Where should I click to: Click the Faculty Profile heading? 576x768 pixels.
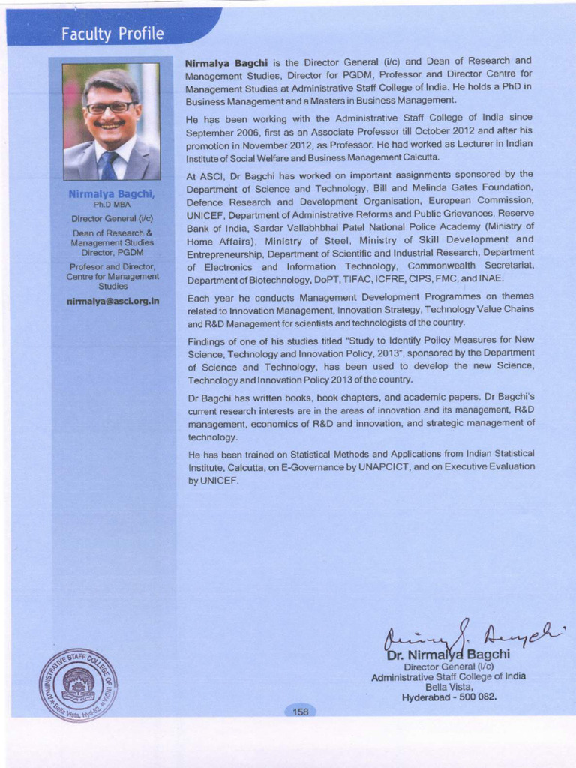[113, 34]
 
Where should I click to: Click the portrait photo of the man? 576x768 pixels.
[111, 121]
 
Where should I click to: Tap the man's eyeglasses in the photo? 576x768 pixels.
[110, 107]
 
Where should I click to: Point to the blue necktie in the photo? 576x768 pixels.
[109, 166]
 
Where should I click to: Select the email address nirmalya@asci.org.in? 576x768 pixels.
[112, 301]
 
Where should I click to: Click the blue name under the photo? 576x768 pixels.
[112, 193]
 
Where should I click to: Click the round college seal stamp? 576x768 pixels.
[78, 685]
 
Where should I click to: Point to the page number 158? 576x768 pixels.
[301, 712]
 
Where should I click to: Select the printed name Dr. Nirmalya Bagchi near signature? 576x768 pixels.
[448, 655]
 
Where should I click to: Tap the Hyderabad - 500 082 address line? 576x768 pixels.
[449, 697]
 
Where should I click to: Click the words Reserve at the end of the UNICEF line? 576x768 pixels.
[513, 214]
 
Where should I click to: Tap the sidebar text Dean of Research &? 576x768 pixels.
[112, 232]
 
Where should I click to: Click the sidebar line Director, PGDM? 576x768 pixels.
[112, 253]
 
